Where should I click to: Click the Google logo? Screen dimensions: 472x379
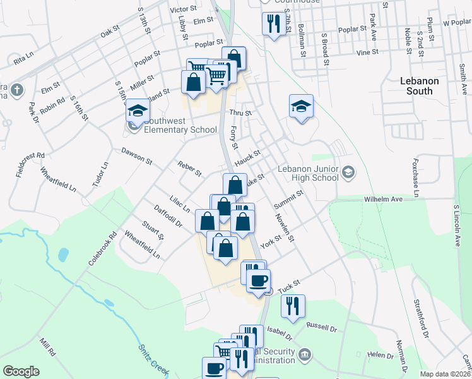(21, 371)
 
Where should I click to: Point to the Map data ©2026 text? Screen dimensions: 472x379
(445, 374)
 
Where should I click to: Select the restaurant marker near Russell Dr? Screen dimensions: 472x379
(293, 306)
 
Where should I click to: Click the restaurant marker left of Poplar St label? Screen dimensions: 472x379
(273, 23)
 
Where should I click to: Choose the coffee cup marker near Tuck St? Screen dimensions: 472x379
(257, 280)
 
